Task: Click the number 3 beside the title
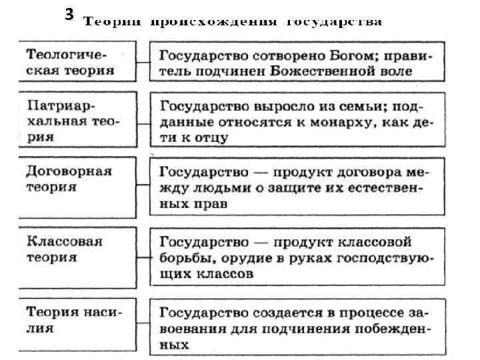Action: [x=69, y=14]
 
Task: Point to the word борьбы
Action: [x=183, y=257]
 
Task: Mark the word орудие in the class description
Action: [x=243, y=257]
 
